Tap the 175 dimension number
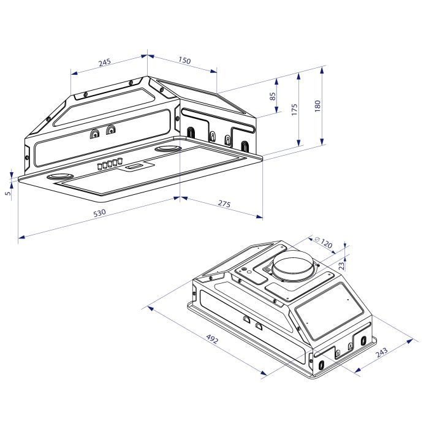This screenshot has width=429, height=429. pyautogui.click(x=295, y=109)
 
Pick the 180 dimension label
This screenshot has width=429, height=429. pyautogui.click(x=317, y=105)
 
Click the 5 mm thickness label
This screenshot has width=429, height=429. pyautogui.click(x=7, y=194)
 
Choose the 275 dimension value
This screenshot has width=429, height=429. pyautogui.click(x=224, y=204)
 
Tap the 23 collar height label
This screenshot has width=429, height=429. pyautogui.click(x=342, y=265)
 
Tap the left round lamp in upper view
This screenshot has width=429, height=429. pyautogui.click(x=59, y=178)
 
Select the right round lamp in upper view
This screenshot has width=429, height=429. pyautogui.click(x=167, y=149)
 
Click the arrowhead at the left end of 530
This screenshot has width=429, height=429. pyautogui.click(x=20, y=237)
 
